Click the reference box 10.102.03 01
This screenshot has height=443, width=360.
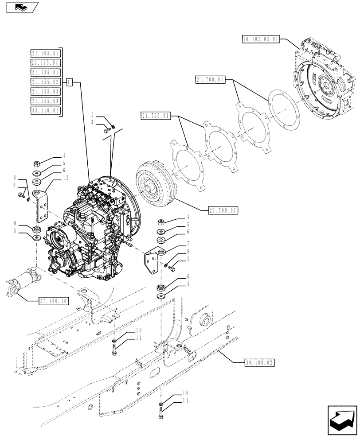coord(261,39)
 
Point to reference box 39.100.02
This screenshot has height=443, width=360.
coord(260,362)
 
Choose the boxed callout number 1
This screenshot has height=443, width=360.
coord(70,82)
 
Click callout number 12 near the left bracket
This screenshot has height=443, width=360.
coord(66,178)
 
